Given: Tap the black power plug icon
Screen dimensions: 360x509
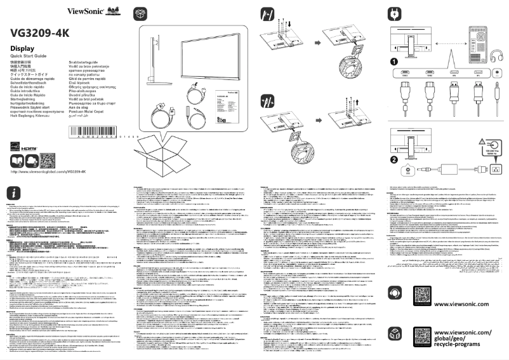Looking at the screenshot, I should [395, 13].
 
